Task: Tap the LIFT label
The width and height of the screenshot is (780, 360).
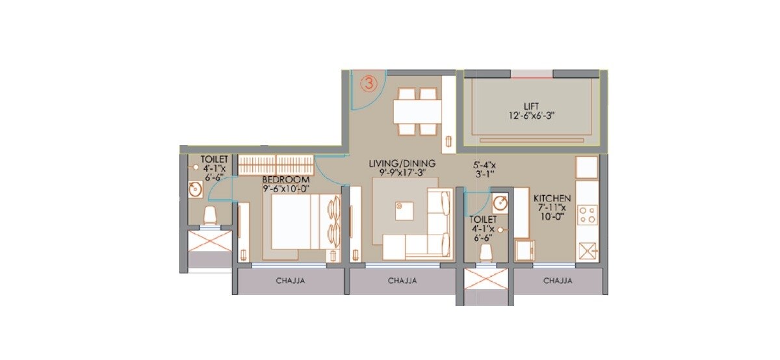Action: (x=531, y=106)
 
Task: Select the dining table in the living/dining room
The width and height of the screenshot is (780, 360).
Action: (x=417, y=110)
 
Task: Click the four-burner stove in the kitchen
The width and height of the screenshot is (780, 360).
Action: (x=586, y=214)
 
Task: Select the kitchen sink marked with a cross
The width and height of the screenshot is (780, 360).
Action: (x=586, y=251)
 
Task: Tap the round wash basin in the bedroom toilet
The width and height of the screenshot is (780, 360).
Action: (x=194, y=189)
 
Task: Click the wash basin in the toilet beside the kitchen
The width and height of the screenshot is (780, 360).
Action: (x=499, y=201)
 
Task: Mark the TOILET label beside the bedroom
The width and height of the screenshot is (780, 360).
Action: (x=214, y=159)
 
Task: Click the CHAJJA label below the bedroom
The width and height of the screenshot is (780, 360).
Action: (x=291, y=281)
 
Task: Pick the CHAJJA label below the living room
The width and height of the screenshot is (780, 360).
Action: (x=402, y=281)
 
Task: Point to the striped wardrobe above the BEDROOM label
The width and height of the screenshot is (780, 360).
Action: (x=276, y=165)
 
